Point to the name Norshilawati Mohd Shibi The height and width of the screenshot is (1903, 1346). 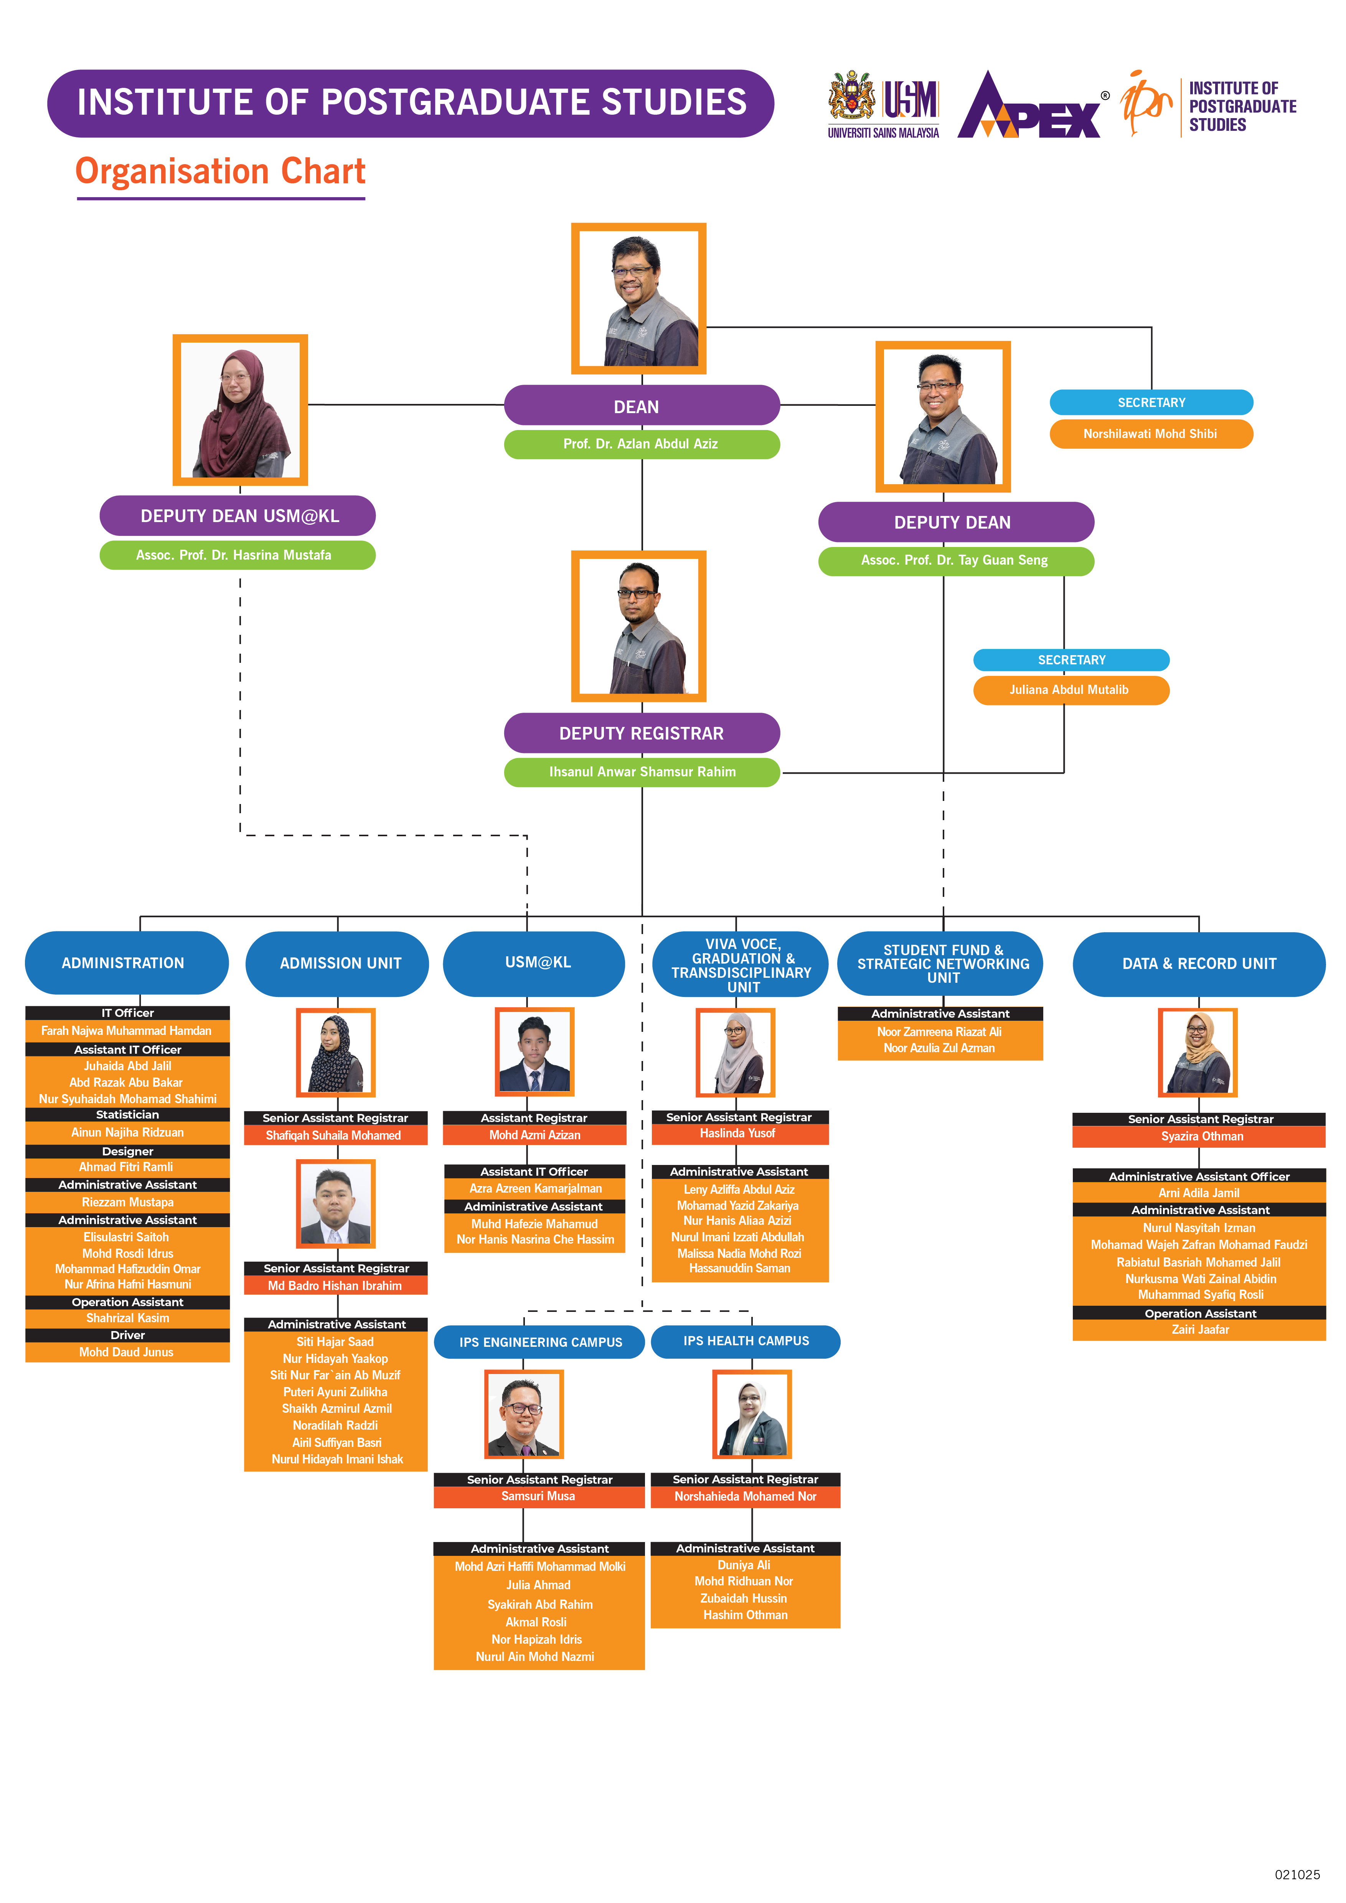tap(1150, 433)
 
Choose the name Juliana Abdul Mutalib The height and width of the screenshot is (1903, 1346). tap(1070, 690)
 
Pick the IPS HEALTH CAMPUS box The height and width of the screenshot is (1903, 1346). tap(746, 1341)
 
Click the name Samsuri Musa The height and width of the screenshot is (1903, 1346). tap(539, 1496)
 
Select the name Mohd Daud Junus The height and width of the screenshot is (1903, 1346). tap(127, 1352)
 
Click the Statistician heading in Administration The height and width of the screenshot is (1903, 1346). tap(127, 1115)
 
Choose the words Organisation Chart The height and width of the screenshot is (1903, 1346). tap(221, 171)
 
